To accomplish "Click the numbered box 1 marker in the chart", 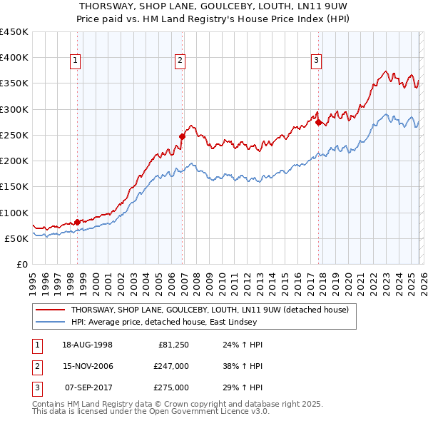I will pyautogui.click(x=76, y=61).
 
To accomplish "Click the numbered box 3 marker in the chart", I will pyautogui.click(x=316, y=61).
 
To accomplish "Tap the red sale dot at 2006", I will pyautogui.click(x=182, y=136).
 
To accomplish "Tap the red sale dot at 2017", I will pyautogui.click(x=319, y=122).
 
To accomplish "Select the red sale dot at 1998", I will pyautogui.click(x=78, y=222).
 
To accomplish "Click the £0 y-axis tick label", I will pyautogui.click(x=23, y=264).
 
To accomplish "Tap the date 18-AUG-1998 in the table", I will pyautogui.click(x=87, y=345).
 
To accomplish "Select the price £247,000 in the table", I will pyautogui.click(x=170, y=366).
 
